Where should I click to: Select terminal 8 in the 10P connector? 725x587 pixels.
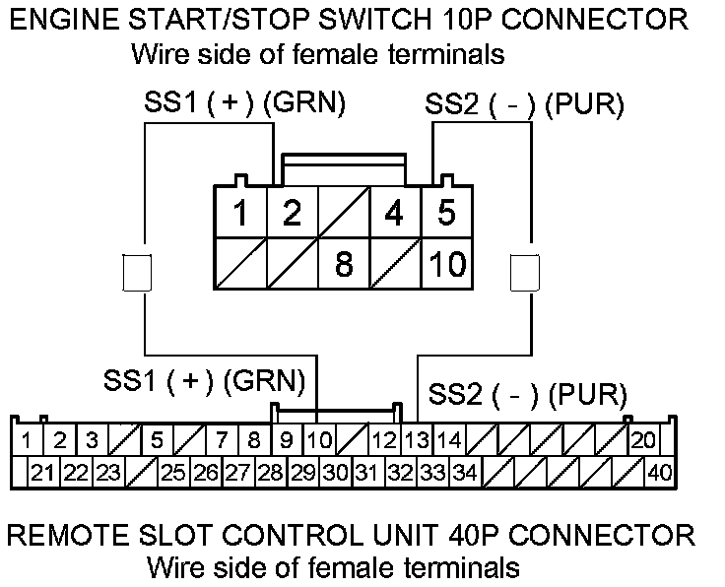[x=344, y=265]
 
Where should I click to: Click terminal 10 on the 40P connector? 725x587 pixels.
[x=318, y=439]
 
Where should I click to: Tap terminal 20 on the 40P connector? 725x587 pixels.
[x=643, y=439]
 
